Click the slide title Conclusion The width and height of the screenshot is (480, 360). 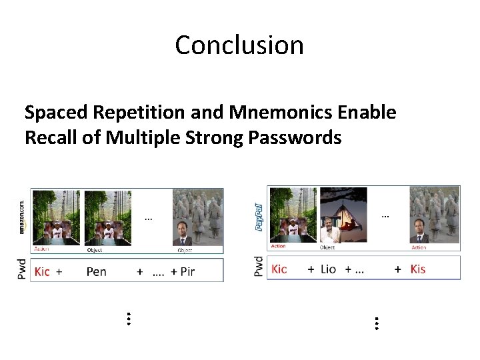pos(239,45)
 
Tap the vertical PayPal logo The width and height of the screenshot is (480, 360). pos(259,217)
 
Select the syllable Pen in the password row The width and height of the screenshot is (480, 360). pos(97,271)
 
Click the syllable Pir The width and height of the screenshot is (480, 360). pos(187,271)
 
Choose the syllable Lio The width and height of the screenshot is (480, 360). pos(329,269)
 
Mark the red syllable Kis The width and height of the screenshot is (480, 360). pos(418,269)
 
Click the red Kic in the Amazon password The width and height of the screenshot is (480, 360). pos(42,271)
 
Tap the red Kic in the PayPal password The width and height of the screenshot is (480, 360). pos(279,269)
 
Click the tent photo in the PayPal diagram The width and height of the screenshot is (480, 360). pos(343,214)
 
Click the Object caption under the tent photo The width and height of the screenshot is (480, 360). pos(327,247)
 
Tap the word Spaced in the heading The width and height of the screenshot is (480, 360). pos(57,113)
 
